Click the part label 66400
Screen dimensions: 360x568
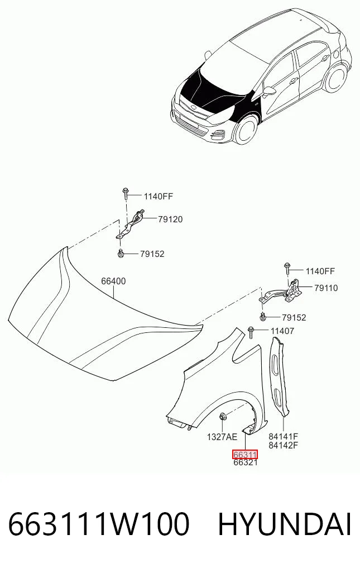(113, 281)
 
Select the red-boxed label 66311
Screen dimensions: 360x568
(245, 454)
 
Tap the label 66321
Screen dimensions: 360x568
(246, 462)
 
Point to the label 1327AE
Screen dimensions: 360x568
(222, 437)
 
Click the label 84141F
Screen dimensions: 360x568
(283, 437)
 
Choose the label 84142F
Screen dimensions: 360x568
(283, 445)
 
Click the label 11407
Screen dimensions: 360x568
(282, 331)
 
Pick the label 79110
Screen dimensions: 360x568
(326, 288)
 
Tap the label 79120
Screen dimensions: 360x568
(170, 219)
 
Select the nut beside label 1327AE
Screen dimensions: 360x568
(223, 417)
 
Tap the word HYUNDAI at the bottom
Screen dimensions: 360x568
(285, 524)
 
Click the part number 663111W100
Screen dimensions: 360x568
(98, 524)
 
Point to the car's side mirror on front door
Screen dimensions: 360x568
(268, 92)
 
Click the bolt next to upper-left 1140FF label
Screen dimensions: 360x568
(126, 193)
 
